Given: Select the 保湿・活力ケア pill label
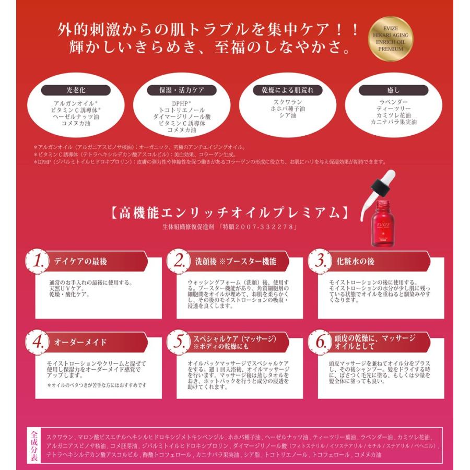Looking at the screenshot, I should pos(179,90).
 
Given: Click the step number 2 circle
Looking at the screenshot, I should pos(179,261).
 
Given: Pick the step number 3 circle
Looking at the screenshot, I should pos(320,261).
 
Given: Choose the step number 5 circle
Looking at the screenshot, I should pos(179,342).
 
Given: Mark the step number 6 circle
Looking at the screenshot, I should pos(320,342).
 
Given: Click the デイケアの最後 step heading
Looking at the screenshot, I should pos(80,262).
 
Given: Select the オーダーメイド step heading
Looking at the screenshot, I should pos(80,343).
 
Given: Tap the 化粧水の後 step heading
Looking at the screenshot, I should pos(355,262).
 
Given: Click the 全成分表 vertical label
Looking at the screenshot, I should pos(34,445).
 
